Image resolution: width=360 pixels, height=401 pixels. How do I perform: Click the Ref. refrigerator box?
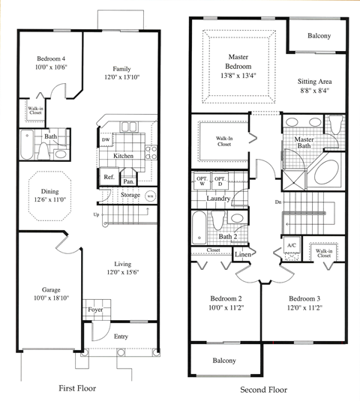(x=109, y=177)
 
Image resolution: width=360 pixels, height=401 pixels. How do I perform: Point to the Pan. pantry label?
(x=128, y=181)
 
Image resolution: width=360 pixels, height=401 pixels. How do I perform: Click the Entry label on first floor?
(x=121, y=337)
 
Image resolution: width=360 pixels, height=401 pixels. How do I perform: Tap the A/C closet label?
(x=291, y=245)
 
